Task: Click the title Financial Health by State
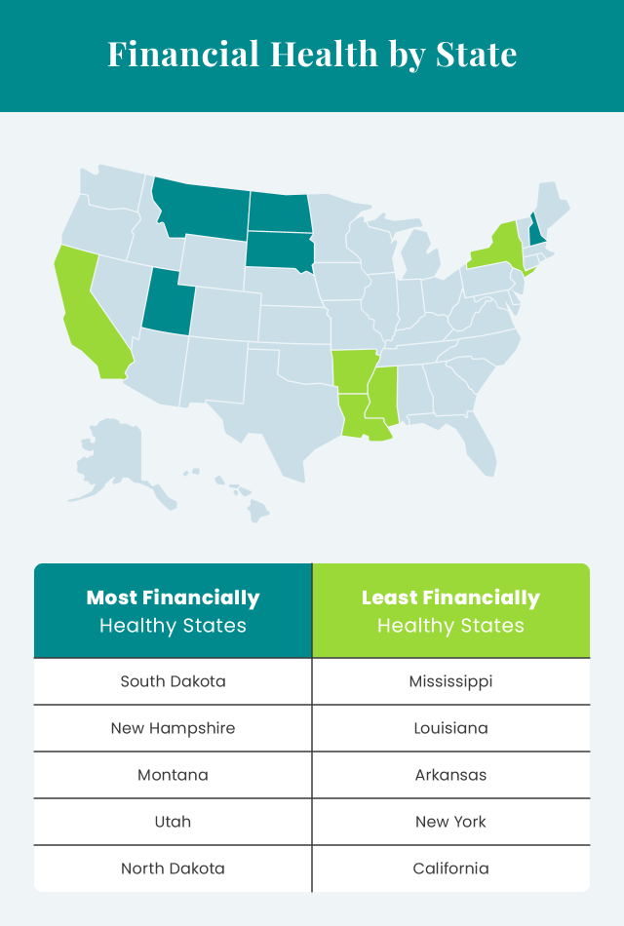point(312,54)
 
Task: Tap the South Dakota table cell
point(173,681)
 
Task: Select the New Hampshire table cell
point(173,728)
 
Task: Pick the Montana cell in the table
point(173,775)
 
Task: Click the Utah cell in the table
point(173,822)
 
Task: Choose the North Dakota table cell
point(173,868)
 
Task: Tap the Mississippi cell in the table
point(450,681)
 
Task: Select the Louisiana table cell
point(450,728)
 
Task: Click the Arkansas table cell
point(450,775)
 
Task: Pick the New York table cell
point(450,822)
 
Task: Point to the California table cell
point(450,868)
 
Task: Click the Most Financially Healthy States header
point(173,611)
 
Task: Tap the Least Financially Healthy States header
point(450,611)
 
